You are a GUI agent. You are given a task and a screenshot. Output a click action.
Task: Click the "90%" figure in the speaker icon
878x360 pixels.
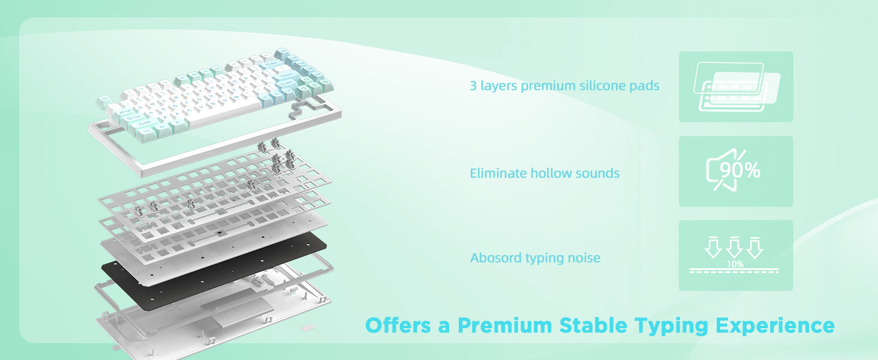pos(740,170)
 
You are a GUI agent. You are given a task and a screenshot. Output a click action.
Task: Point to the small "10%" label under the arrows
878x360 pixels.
pos(735,265)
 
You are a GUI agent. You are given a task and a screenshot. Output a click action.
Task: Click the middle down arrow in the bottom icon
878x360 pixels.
pos(734,247)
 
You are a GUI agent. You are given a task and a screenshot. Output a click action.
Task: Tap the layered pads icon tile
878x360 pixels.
pos(736,86)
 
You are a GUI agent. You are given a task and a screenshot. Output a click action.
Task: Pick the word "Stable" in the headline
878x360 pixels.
pos(593,325)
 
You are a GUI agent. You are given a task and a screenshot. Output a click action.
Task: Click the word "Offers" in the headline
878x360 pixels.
pos(398,325)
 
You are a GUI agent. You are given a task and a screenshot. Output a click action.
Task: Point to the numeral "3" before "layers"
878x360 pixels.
pos(474,85)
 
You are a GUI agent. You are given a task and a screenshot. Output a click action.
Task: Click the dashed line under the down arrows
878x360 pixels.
pos(733,272)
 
